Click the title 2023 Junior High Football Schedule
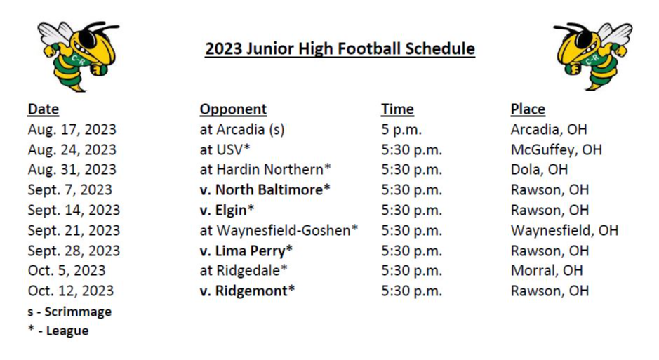(x=340, y=48)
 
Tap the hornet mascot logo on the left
(x=78, y=56)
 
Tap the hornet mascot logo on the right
(x=592, y=56)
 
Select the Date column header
(x=44, y=109)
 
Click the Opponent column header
(x=233, y=109)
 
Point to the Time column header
(x=398, y=109)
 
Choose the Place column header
(x=528, y=109)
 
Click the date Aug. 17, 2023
(x=72, y=129)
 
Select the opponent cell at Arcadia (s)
(x=242, y=129)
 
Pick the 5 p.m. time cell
(x=401, y=130)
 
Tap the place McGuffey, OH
(x=557, y=149)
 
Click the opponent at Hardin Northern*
(x=265, y=169)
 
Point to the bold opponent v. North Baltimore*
(x=265, y=189)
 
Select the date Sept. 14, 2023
(x=74, y=210)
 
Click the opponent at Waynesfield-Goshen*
(x=279, y=230)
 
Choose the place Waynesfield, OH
(x=564, y=230)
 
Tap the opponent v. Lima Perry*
(x=246, y=251)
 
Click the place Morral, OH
(x=547, y=270)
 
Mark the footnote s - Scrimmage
(x=69, y=312)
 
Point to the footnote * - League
(x=58, y=331)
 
